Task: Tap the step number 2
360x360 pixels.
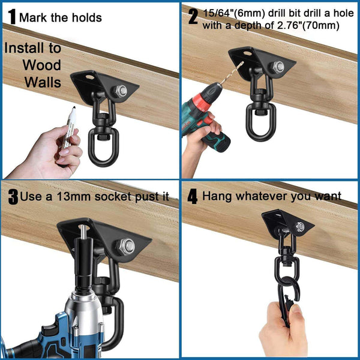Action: pos(193,17)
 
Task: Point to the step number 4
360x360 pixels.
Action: pos(193,197)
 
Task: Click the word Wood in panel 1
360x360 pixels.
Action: pos(41,65)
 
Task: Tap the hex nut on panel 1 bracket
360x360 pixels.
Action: pos(121,91)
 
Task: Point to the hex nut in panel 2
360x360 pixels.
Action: pos(278,67)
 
